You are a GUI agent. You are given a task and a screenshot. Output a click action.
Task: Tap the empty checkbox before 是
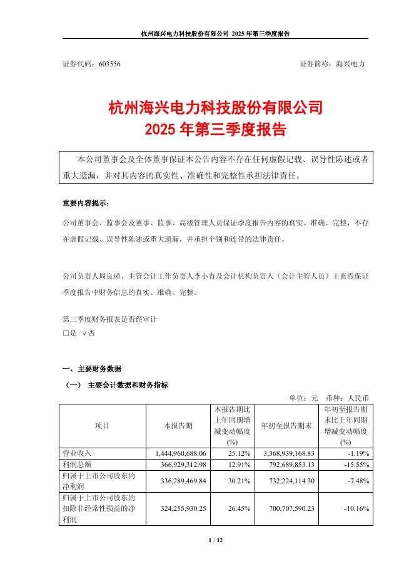(66, 334)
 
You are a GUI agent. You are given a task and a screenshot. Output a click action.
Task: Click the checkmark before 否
(84, 334)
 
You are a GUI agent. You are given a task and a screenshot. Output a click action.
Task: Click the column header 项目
(102, 426)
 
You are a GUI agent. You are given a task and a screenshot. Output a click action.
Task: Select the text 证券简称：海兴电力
(332, 64)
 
